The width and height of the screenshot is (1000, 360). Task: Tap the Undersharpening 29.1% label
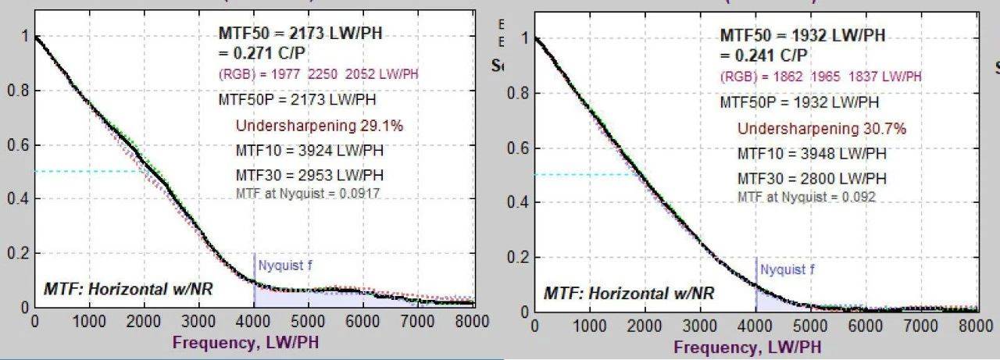[319, 125]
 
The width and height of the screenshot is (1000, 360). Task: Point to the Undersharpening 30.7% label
[821, 128]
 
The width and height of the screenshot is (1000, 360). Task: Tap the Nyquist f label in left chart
[285, 265]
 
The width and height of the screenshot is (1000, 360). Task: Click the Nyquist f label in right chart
[787, 269]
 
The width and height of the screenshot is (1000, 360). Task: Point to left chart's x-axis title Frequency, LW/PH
[245, 342]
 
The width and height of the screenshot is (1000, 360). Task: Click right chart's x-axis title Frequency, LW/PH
[747, 347]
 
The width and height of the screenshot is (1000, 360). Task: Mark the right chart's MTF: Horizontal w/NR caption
[629, 293]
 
